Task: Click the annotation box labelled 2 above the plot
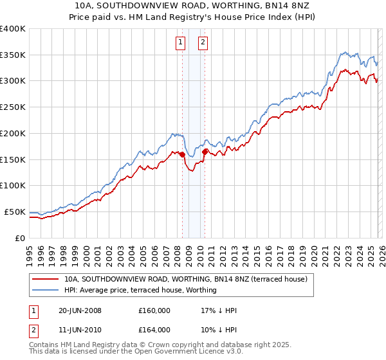pos(203,43)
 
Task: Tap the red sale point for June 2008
pos(182,154)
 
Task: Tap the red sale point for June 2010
pos(205,152)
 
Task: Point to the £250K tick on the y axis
pos(13,107)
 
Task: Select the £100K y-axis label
pos(13,186)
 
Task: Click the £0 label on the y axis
pos(20,238)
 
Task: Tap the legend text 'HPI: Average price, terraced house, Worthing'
pos(140,290)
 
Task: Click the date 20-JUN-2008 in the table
pos(80,310)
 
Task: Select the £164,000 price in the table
pos(154,330)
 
